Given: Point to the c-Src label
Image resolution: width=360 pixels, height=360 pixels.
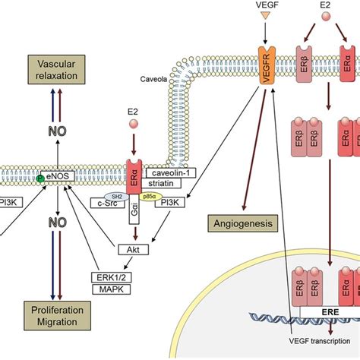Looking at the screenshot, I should click(106, 201).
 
